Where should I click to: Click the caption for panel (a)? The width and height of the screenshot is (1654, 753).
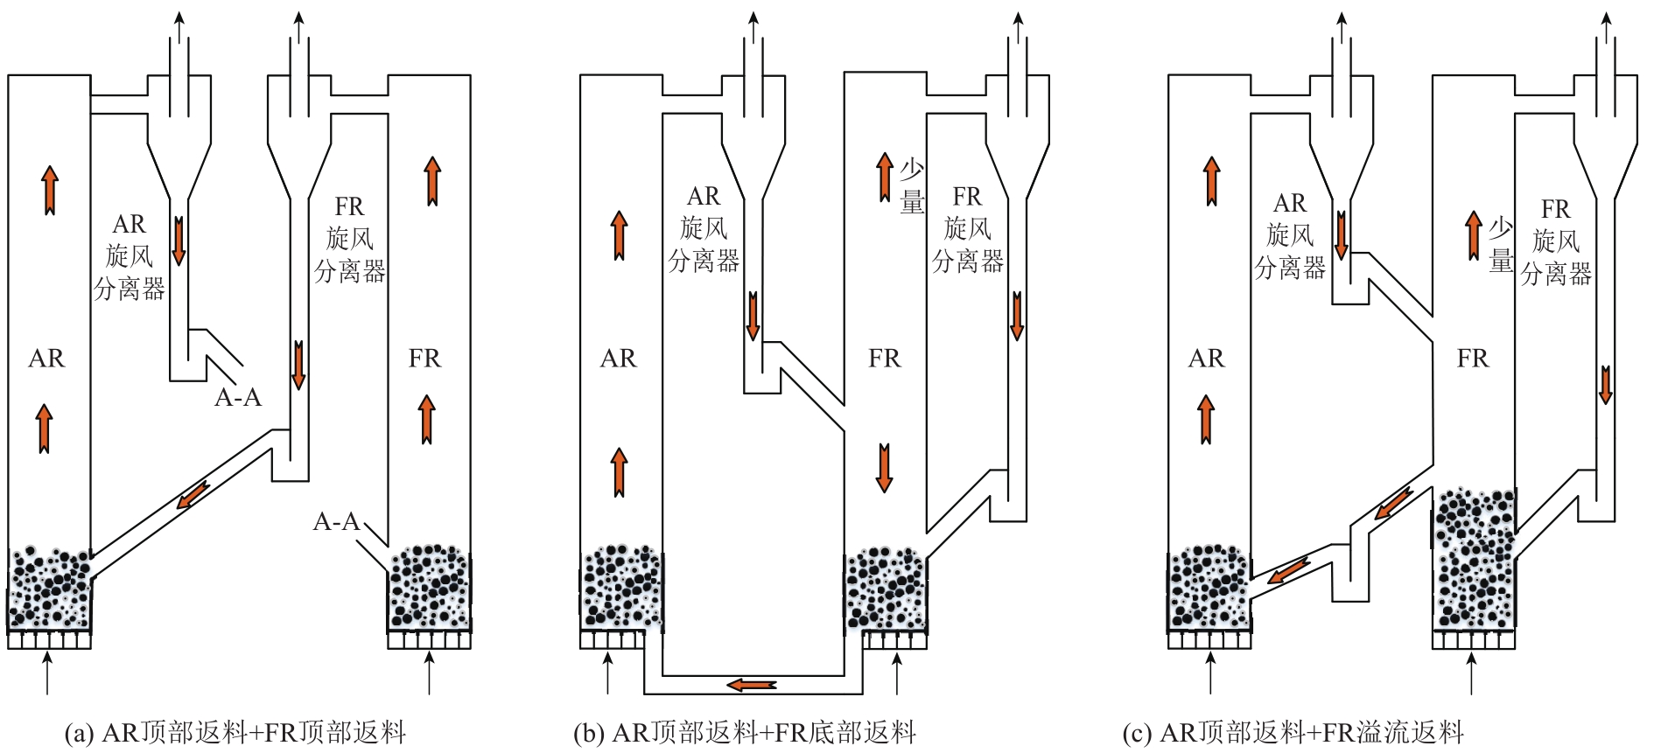tap(235, 732)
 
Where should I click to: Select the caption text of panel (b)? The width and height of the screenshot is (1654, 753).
tap(745, 732)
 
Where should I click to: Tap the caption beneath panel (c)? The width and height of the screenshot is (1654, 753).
tap(1293, 732)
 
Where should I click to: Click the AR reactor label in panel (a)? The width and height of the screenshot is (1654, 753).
tap(46, 359)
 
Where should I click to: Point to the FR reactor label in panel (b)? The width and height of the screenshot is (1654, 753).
tap(884, 359)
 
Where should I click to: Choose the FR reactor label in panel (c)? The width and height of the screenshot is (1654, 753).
tap(1472, 359)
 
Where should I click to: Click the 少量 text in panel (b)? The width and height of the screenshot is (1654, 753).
tap(912, 186)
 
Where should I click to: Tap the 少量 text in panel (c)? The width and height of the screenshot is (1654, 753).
tap(1501, 245)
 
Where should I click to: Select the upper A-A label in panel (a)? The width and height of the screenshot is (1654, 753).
tap(238, 398)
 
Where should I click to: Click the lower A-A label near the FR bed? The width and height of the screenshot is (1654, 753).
tap(337, 522)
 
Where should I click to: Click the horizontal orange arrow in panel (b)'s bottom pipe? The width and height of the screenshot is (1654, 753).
tap(752, 684)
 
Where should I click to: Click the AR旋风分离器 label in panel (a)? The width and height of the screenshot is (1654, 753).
tap(130, 257)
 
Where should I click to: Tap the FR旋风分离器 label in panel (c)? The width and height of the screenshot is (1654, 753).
tap(1556, 242)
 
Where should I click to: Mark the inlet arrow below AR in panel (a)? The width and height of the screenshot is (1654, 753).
tap(47, 673)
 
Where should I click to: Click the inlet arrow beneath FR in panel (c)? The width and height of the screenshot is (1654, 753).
tap(1472, 673)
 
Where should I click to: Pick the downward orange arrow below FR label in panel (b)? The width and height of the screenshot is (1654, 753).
tap(884, 468)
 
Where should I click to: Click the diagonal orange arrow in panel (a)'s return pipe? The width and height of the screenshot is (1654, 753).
tap(193, 494)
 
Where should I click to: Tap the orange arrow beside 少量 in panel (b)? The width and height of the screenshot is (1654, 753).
tap(886, 178)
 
